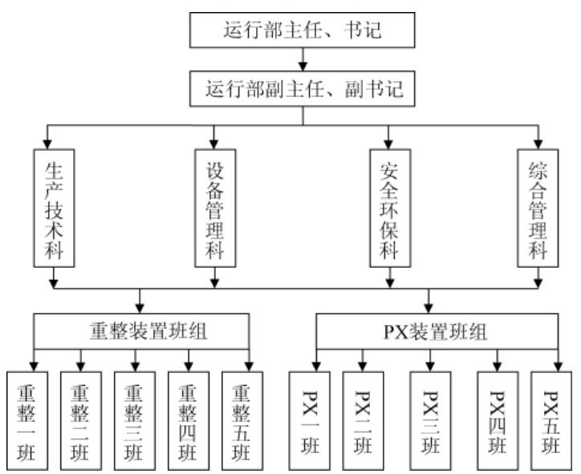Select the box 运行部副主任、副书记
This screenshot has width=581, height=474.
click(303, 89)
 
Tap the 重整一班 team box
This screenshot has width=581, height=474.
click(32, 419)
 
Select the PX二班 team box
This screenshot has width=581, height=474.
click(363, 419)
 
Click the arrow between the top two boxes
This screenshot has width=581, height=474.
click(303, 60)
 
